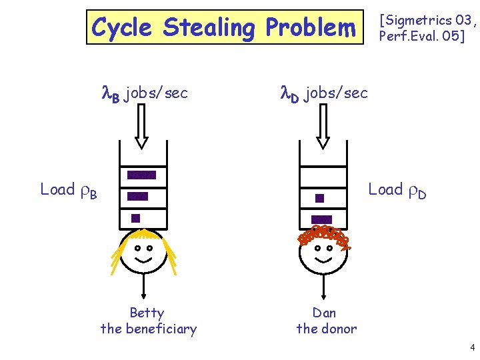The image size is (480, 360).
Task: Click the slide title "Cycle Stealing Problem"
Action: click(x=224, y=28)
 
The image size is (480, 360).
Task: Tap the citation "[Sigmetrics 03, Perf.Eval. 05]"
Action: click(x=427, y=28)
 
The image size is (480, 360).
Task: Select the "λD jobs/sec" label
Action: click(x=323, y=94)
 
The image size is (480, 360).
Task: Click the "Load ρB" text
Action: click(x=69, y=191)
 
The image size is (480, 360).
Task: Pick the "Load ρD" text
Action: click(x=397, y=191)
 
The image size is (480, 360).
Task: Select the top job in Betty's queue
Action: click(x=141, y=175)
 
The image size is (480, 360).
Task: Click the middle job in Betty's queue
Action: click(x=138, y=196)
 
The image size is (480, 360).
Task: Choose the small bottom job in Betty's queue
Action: click(x=135, y=217)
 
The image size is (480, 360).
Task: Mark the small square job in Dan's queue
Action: click(x=319, y=198)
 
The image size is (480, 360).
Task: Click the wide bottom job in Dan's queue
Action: click(x=321, y=219)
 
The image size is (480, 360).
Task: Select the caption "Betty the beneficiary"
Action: click(x=148, y=321)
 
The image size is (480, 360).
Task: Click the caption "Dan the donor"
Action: click(x=326, y=321)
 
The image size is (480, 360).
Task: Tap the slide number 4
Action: click(x=472, y=347)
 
